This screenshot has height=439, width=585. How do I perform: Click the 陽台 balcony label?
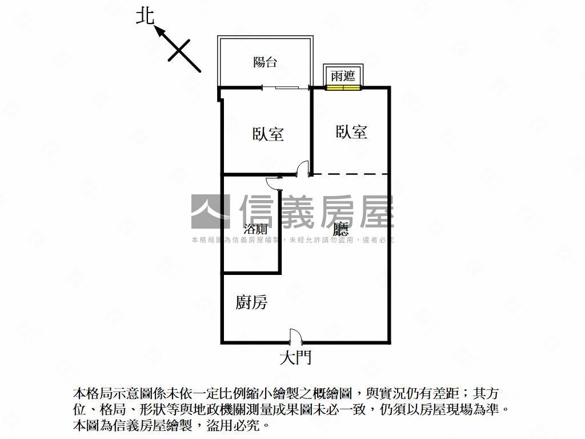click(265, 62)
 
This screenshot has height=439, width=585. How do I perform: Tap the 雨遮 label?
click(343, 76)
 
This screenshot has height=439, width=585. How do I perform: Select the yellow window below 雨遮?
click(343, 87)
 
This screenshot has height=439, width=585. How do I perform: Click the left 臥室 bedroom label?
click(268, 134)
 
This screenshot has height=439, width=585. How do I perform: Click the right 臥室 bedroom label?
click(351, 132)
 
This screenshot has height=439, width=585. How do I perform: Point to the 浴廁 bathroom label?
click(255, 229)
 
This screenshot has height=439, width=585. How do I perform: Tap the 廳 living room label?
click(341, 229)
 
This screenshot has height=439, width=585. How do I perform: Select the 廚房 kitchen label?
click(251, 302)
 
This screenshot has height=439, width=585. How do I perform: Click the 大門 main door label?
click(295, 357)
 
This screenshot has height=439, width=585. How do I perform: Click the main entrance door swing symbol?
click(295, 336)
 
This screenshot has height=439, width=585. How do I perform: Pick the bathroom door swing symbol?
click(274, 183)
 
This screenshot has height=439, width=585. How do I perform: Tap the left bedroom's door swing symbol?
click(303, 169)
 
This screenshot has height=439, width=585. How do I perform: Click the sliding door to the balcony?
click(287, 87)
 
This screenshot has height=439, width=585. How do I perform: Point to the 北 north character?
click(145, 17)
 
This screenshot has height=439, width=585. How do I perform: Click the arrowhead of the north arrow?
click(160, 31)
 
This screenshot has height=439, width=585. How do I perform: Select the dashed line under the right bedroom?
click(350, 174)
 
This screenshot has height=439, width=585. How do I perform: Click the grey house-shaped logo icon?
click(210, 211)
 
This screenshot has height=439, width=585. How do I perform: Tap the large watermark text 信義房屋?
click(316, 211)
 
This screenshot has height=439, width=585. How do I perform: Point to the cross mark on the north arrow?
click(179, 50)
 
